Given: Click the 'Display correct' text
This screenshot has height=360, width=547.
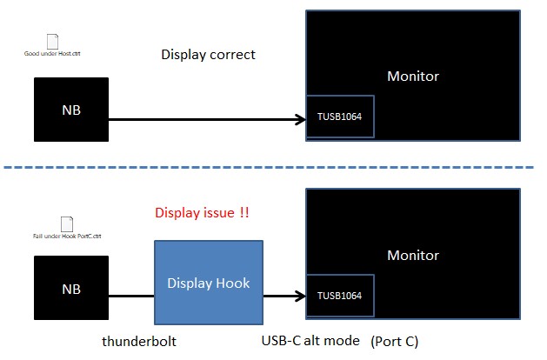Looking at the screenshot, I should click(x=209, y=55).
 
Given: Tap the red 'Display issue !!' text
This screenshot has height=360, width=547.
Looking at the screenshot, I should click(x=202, y=213).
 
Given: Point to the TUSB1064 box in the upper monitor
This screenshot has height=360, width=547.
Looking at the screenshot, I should click(x=340, y=116).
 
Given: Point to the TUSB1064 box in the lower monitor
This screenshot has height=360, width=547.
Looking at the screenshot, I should click(x=340, y=296).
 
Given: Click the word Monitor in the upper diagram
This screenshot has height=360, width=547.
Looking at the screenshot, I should click(x=413, y=76).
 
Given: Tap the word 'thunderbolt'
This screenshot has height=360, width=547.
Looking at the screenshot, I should click(x=140, y=342).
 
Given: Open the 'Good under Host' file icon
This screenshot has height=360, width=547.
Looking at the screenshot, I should click(x=51, y=40).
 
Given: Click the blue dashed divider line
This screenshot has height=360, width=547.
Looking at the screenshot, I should click(x=270, y=166).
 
